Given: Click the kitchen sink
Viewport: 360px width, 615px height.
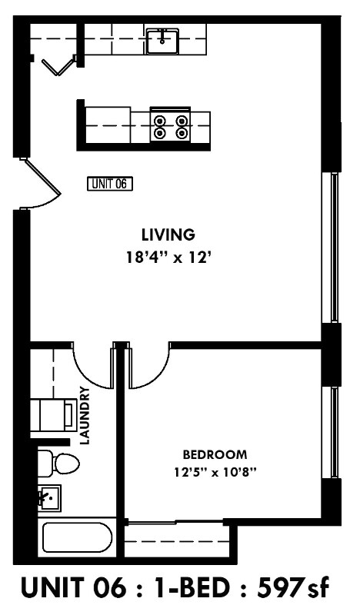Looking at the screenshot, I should tap(162, 41).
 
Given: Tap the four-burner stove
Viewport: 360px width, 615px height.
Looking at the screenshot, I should tap(170, 126).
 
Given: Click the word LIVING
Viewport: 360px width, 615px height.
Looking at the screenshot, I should tap(168, 234).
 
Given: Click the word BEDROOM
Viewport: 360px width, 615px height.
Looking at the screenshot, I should tap(215, 454).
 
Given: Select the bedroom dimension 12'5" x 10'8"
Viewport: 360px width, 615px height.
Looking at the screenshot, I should tap(215, 471).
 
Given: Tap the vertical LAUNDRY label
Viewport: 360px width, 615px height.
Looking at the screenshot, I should tap(85, 416).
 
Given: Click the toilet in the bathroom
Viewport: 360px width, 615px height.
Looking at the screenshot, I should tap(60, 464).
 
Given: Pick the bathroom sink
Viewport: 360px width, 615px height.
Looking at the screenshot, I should tap(48, 500).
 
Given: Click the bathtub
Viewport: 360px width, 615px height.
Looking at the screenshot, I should tap(77, 537).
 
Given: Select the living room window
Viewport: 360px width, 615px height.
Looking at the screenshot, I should tap(335, 246).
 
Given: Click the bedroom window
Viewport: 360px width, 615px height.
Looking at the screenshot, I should tap(335, 431).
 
